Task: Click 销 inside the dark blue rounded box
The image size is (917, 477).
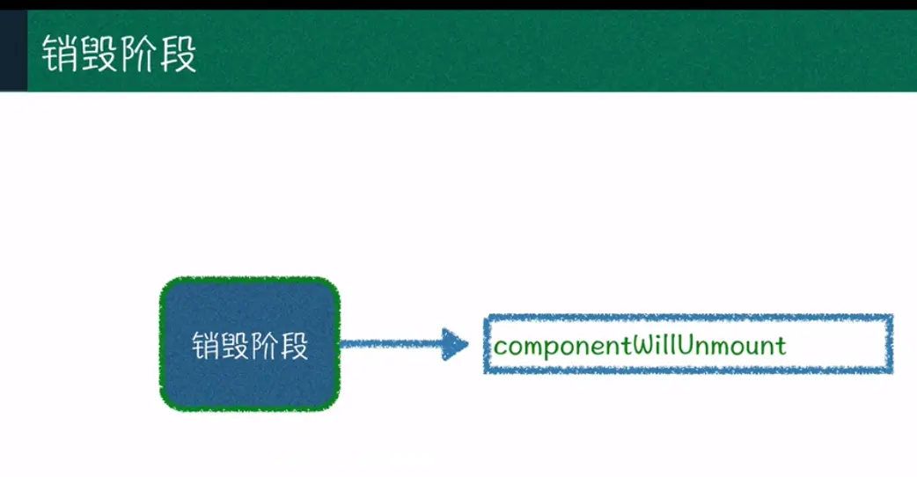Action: [206, 346]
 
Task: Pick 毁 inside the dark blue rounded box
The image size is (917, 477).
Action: [235, 346]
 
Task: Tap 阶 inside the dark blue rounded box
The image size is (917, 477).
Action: [265, 346]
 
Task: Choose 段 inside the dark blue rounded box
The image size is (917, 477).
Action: [294, 346]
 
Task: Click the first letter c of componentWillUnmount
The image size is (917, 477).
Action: [500, 345]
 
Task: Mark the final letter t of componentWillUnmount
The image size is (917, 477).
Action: [781, 344]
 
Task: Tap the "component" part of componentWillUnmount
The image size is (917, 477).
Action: [561, 345]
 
